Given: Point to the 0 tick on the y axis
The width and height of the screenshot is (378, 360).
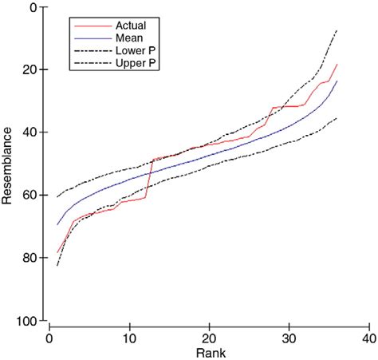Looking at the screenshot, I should (31, 7).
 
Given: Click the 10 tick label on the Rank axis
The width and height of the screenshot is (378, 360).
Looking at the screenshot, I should (129, 337).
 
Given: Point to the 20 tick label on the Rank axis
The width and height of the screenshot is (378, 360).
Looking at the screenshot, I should (209, 337).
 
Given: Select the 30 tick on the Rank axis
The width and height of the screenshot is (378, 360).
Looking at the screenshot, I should (289, 337).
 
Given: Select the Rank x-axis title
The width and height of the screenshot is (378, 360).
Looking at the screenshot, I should (209, 352).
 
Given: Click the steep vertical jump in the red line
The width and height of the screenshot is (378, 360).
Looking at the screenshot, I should (148, 177).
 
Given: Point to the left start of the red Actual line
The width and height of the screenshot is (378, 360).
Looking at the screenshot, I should (57, 252).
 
